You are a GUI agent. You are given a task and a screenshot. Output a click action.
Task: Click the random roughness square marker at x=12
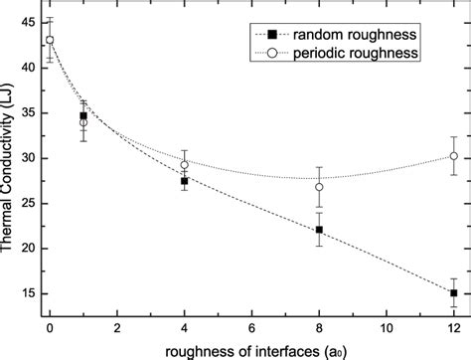[454, 293]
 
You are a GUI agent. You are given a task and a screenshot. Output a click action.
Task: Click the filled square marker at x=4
[185, 181]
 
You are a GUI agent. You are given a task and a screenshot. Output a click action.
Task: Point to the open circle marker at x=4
[185, 165]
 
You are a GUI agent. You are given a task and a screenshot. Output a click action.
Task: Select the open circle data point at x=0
[50, 41]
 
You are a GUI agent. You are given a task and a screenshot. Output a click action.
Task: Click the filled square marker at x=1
[83, 116]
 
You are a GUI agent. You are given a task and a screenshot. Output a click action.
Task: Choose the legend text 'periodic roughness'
[366, 50]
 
